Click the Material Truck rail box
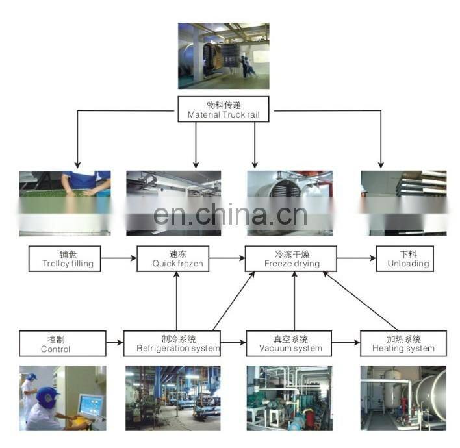[x=224, y=109]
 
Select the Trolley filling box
[x=65, y=258]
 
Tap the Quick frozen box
[x=173, y=258]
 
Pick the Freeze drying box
[x=290, y=258]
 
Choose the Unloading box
[x=405, y=258]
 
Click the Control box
[x=62, y=343]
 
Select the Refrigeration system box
[x=172, y=343]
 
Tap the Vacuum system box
[x=289, y=343]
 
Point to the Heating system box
[x=403, y=343]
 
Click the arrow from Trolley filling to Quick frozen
[x=119, y=258]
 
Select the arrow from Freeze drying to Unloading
[x=357, y=258]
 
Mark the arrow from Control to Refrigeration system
[x=115, y=342]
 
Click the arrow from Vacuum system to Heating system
[x=346, y=342]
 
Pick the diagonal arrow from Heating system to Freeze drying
[x=360, y=301]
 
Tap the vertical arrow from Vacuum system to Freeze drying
[x=294, y=301]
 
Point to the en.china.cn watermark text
[x=230, y=215]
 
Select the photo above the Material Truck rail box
[x=224, y=56]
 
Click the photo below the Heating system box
[x=403, y=398]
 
